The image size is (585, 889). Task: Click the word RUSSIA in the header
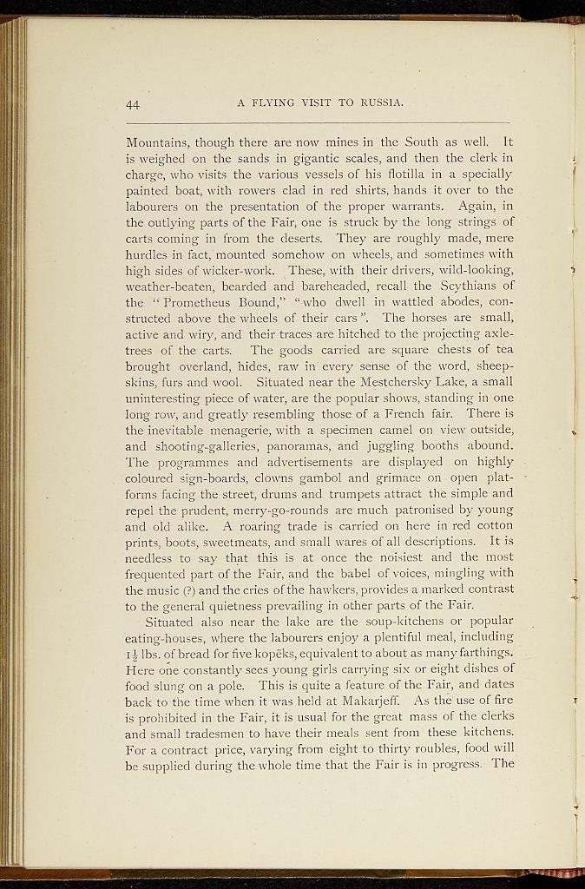tap(382, 103)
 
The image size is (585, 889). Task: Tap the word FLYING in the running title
tap(275, 103)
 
